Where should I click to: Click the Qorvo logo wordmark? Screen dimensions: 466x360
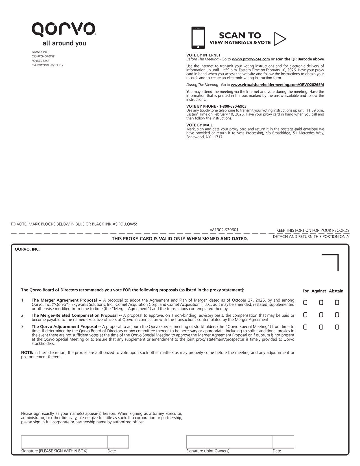(x=64, y=29)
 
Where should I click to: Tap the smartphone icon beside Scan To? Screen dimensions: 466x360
(x=198, y=38)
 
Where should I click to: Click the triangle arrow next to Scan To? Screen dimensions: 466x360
(x=280, y=39)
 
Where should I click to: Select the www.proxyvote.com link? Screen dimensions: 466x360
(x=251, y=59)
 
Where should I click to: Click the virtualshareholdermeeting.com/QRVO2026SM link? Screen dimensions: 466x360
(x=277, y=85)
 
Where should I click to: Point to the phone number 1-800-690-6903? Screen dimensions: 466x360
(x=233, y=106)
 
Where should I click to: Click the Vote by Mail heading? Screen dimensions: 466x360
(x=199, y=125)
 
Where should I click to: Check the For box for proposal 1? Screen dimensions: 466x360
(x=305, y=303)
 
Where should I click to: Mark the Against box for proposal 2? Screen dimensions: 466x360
(x=321, y=315)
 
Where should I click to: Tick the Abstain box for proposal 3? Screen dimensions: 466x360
(x=337, y=327)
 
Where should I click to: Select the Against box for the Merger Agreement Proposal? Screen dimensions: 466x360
(x=321, y=303)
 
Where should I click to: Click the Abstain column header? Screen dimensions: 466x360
(x=336, y=291)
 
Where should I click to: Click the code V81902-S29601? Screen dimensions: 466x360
(x=224, y=230)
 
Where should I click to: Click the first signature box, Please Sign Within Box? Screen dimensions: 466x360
(x=64, y=442)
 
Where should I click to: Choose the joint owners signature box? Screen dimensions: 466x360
(x=229, y=442)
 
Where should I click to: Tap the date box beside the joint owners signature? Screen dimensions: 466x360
(x=283, y=442)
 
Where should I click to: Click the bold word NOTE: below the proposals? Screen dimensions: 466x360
(x=27, y=353)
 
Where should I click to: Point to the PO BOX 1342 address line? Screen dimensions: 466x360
(x=40, y=61)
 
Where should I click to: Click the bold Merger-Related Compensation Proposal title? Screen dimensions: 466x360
(x=75, y=315)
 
